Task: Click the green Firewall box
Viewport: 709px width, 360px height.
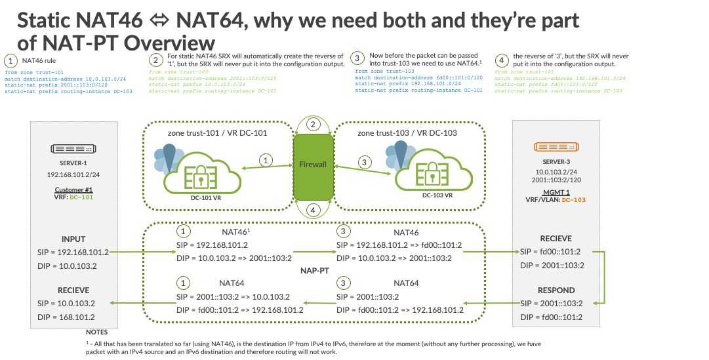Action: coord(312,165)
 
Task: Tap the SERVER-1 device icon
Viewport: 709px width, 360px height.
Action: coord(73,150)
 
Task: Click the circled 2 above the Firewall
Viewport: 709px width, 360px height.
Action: coord(314,125)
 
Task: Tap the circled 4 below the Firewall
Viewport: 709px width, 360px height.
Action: coord(314,210)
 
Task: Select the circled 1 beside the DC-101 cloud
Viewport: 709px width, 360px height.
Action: coord(266,160)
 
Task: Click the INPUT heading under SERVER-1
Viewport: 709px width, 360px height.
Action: coord(73,239)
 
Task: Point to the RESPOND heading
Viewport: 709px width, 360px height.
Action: coord(556,289)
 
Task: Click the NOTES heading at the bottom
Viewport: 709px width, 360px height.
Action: coord(96,332)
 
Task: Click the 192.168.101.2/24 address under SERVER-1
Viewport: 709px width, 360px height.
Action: coord(73,176)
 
